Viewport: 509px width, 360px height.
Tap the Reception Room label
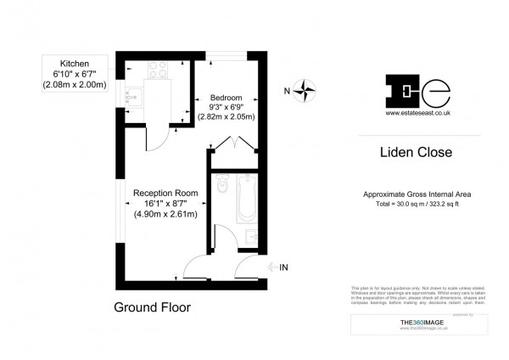[165, 193]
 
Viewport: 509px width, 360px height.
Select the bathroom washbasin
[250, 235]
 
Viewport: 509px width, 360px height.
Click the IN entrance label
[283, 267]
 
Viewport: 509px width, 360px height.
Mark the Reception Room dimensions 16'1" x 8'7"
[165, 203]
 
